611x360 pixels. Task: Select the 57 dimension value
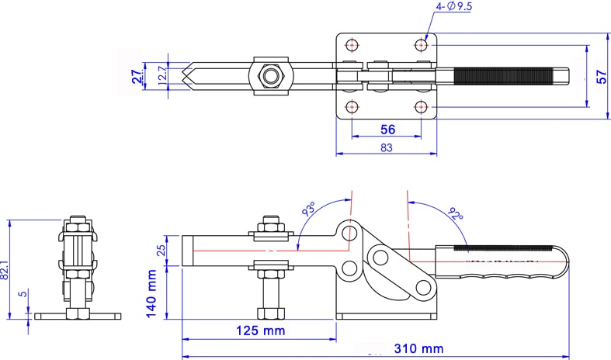600,76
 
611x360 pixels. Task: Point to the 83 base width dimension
386,147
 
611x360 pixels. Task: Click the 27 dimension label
136,76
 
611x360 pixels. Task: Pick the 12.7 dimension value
161,76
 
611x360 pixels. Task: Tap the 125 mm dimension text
259,331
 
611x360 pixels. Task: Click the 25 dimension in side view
161,251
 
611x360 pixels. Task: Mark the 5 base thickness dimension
24,294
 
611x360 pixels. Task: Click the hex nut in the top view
270,77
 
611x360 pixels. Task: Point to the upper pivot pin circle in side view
351,233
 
